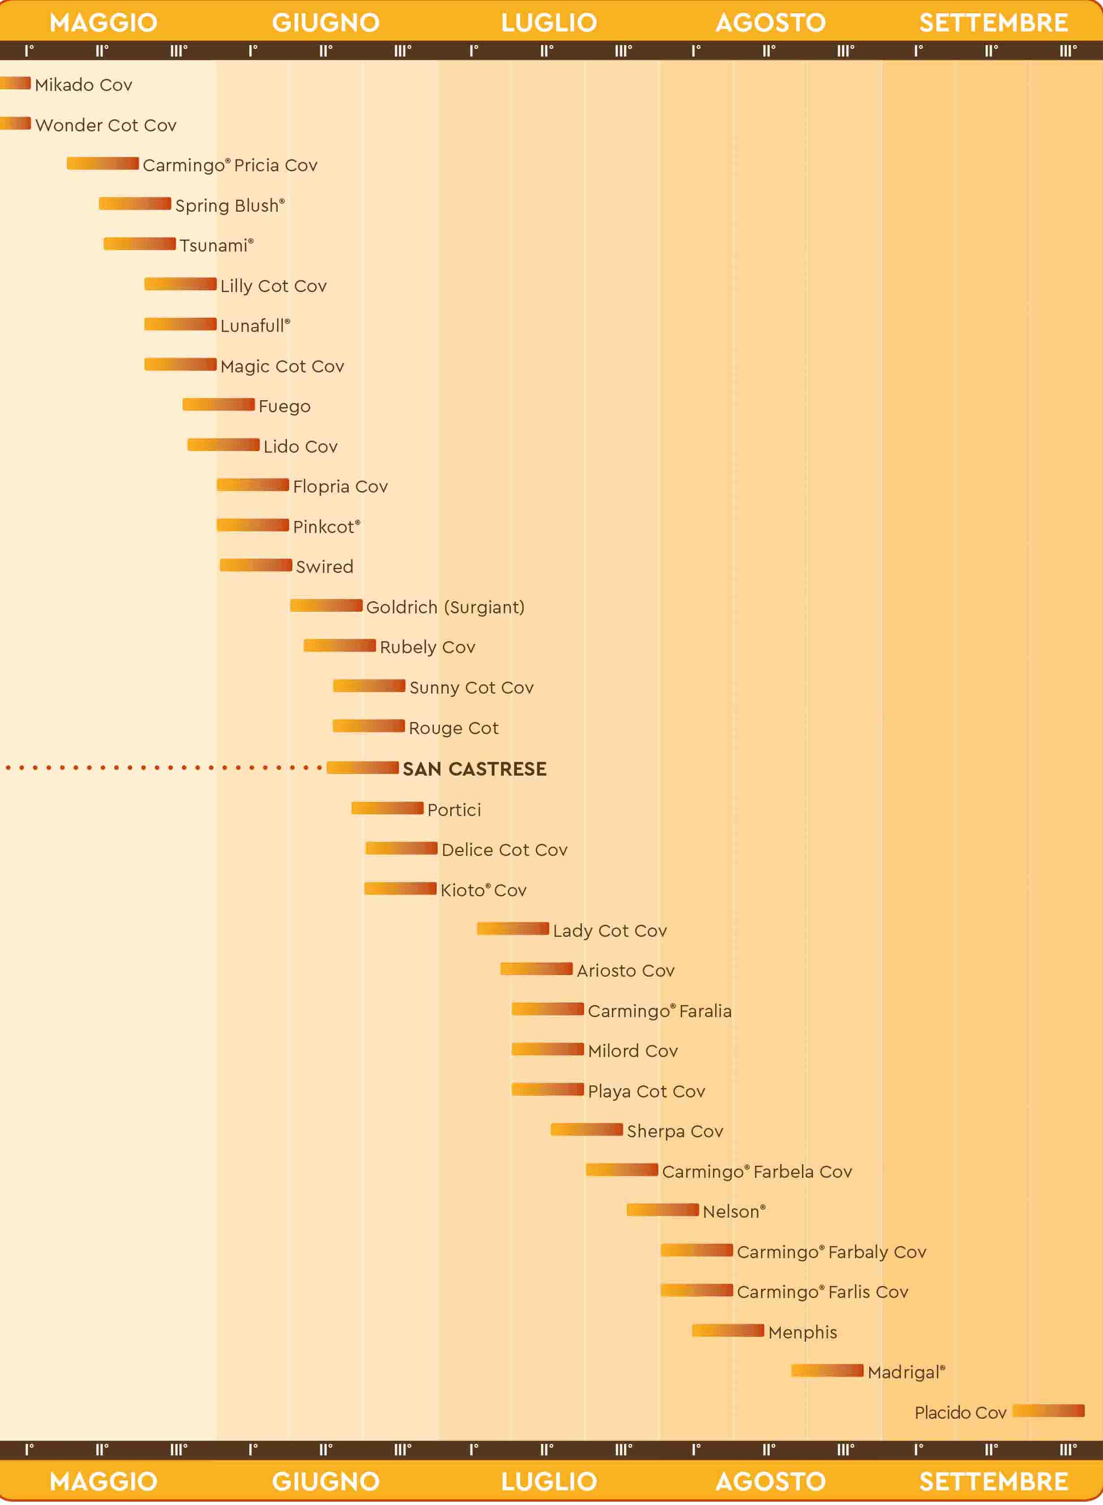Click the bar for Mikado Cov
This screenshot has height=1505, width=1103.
[15, 83]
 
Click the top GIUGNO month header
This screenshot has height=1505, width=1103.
[326, 22]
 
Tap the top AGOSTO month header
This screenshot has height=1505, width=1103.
[771, 22]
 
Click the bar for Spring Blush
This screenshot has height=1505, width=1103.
[135, 203]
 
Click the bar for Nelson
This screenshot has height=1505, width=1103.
[662, 1209]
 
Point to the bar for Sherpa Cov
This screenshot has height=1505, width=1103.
[586, 1129]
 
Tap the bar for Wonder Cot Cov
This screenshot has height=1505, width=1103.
[15, 123]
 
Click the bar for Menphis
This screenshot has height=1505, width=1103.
[728, 1330]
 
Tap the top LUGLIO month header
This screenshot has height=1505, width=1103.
[549, 22]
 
